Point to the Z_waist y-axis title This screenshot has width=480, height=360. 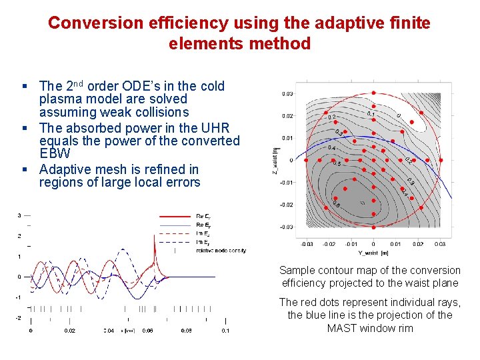[275, 159]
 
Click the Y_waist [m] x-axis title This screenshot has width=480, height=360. [373, 253]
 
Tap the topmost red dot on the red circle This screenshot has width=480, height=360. [373, 93]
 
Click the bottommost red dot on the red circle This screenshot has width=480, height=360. [373, 228]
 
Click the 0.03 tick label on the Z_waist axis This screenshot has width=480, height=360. [287, 94]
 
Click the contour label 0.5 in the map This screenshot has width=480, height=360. [337, 164]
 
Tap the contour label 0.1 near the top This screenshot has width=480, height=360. [370, 115]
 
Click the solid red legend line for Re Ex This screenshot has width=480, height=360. [174, 216]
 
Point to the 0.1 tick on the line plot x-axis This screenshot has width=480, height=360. [226, 331]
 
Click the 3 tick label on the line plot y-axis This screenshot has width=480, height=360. [19, 215]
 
